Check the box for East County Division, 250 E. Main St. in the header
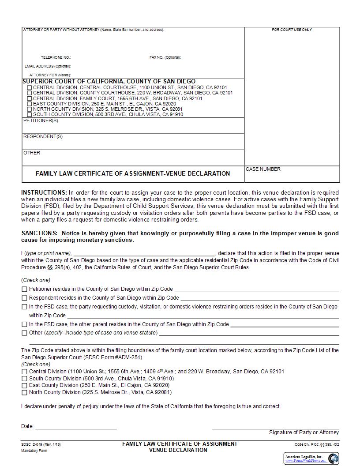30,104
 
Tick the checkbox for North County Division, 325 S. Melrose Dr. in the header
30,109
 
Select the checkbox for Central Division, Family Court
30,98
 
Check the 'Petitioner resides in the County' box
24,289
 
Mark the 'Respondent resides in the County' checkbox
24,298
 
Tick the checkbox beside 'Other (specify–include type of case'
24,333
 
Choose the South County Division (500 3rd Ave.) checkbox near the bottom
24,379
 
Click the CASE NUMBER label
263,169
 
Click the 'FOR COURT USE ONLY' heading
292,30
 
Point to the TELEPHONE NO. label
56,57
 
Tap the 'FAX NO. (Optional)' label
165,57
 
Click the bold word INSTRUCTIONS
44,193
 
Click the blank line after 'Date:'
76,426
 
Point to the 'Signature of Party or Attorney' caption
304,432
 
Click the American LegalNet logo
311,458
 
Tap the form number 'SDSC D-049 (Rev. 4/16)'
41,444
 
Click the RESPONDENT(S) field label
43,136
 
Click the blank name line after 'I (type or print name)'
144,253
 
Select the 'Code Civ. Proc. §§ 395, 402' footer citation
317,444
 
